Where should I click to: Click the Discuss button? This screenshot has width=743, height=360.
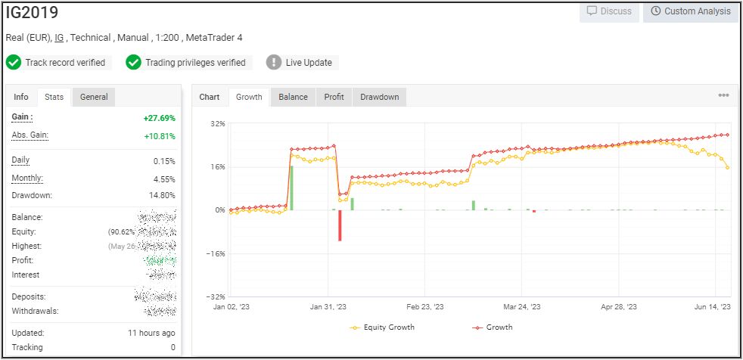pyautogui.click(x=610, y=11)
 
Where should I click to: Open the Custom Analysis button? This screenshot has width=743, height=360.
pyautogui.click(x=690, y=11)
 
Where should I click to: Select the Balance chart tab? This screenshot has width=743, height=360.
pyautogui.click(x=293, y=97)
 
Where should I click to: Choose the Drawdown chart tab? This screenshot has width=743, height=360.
pyautogui.click(x=379, y=97)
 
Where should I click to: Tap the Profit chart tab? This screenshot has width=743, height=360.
pyautogui.click(x=334, y=97)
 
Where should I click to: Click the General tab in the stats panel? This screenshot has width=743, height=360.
pyautogui.click(x=94, y=97)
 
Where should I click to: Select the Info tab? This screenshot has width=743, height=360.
pyautogui.click(x=21, y=97)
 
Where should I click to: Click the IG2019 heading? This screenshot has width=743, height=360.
pyautogui.click(x=32, y=13)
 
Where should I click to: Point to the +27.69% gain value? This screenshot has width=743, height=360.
pyautogui.click(x=159, y=118)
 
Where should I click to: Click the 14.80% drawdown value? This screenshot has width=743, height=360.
pyautogui.click(x=163, y=195)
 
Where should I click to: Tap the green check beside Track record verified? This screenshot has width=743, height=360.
pyautogui.click(x=13, y=63)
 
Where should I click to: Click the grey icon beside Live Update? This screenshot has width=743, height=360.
pyautogui.click(x=274, y=63)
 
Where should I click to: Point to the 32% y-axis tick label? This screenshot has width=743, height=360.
pyautogui.click(x=217, y=123)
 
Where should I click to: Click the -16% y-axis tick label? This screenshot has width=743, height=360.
pyautogui.click(x=216, y=253)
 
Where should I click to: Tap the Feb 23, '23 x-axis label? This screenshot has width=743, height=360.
pyautogui.click(x=424, y=308)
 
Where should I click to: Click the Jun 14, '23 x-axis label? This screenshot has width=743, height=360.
pyautogui.click(x=713, y=308)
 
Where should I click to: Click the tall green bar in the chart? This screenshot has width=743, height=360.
pyautogui.click(x=291, y=188)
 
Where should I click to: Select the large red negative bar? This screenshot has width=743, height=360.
pyautogui.click(x=340, y=225)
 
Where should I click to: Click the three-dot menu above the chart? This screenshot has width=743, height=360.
pyautogui.click(x=723, y=96)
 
